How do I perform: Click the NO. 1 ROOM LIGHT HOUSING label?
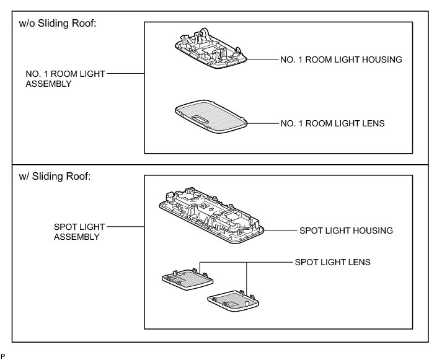(x=342, y=59)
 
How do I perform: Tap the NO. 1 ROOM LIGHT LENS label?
(x=333, y=123)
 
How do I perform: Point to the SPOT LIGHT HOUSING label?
(x=347, y=230)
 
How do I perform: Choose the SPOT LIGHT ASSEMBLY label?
(x=75, y=231)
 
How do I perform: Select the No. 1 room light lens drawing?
(x=210, y=117)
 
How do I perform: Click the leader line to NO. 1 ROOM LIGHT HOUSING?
(x=263, y=60)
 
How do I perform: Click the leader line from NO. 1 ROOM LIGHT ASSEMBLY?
(x=126, y=73)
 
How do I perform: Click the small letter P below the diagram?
(x=2, y=356)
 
